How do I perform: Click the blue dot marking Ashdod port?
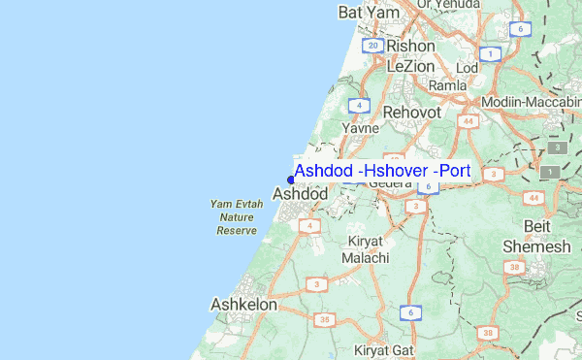[291, 179]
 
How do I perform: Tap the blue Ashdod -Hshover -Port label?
[382, 172]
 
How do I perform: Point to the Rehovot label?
[412, 113]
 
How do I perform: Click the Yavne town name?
[360, 127]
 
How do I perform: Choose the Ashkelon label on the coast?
[243, 304]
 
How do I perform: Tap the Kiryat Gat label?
[385, 349]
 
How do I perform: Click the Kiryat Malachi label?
[365, 249]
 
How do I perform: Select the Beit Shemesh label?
[536, 237]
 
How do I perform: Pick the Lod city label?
[468, 69]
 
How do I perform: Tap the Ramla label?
[447, 85]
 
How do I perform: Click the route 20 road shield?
[372, 46]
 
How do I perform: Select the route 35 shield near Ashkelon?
[326, 318]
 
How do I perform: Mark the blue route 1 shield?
[492, 53]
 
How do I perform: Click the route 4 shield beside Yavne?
[360, 105]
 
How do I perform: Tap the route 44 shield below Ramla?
[469, 122]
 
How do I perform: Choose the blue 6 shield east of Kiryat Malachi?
[411, 312]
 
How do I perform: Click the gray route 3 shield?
[558, 147]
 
